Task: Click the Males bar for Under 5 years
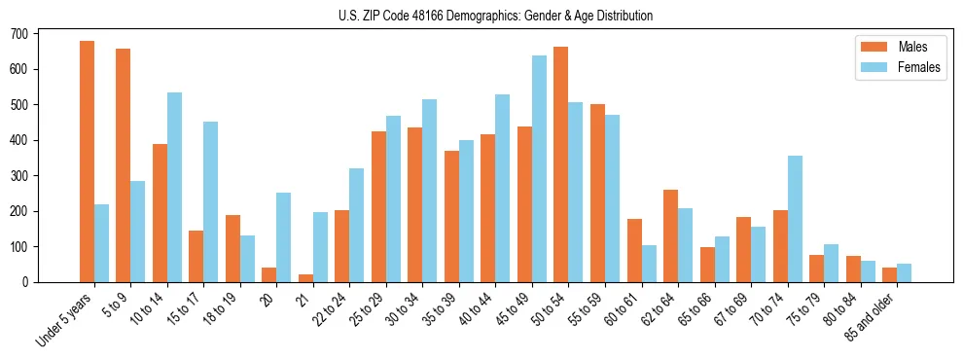point(87,162)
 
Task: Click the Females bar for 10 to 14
point(174,188)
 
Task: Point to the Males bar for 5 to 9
point(124,165)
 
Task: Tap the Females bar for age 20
point(284,237)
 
